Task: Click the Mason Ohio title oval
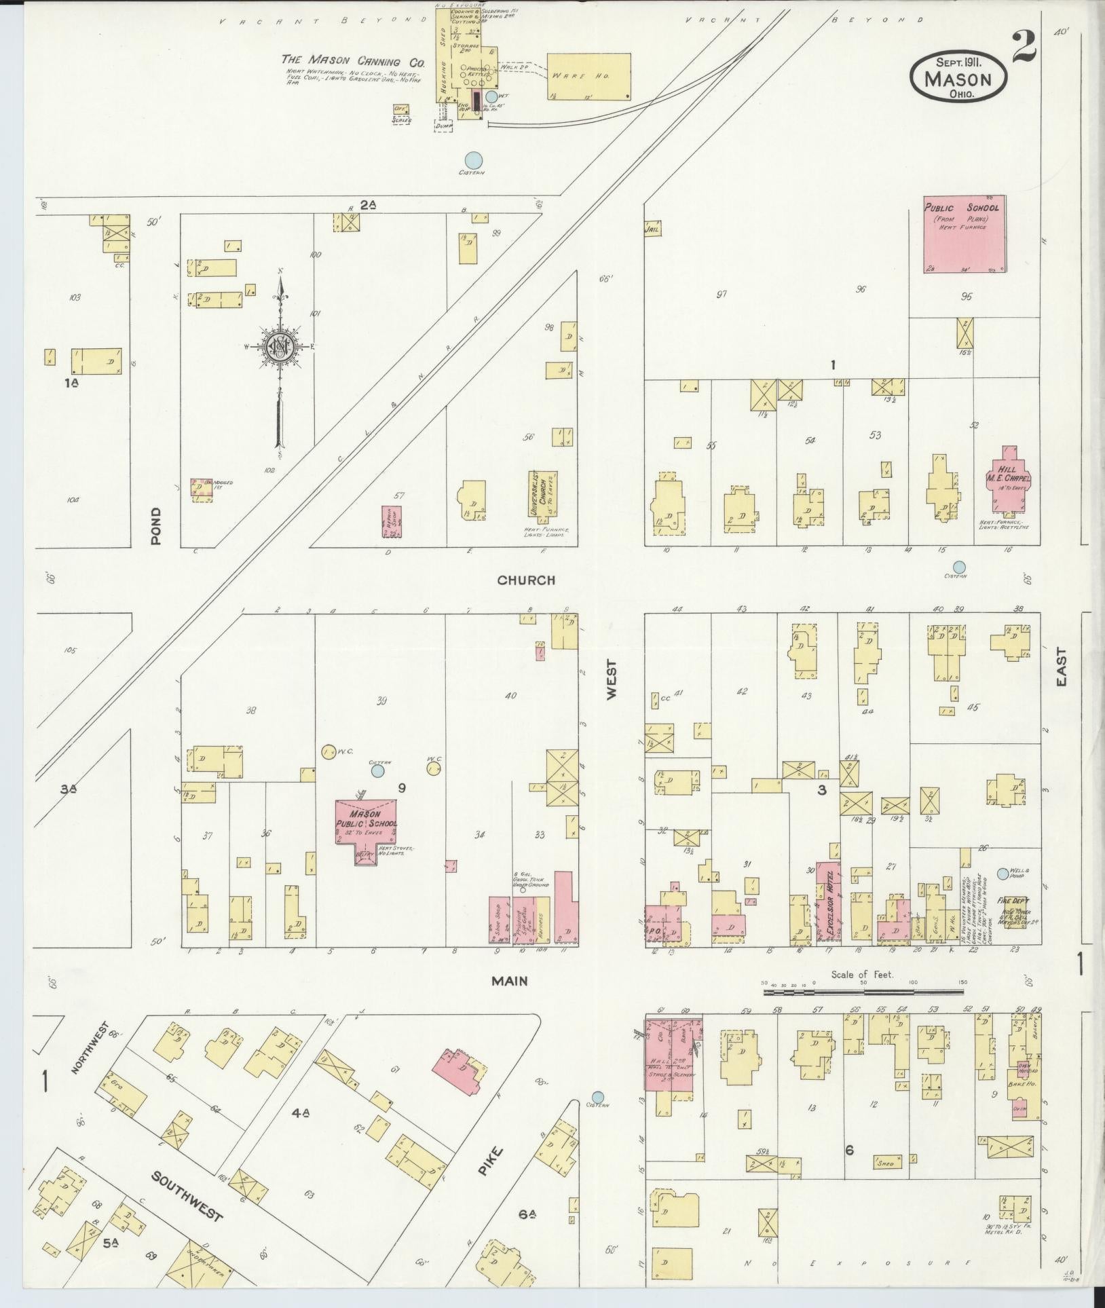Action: coord(957,78)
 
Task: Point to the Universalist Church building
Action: coord(543,494)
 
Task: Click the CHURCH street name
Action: coord(526,580)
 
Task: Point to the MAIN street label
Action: coord(510,981)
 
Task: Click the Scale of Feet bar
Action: coord(863,992)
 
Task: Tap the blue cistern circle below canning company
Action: coord(474,160)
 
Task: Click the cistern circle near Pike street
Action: coord(597,1097)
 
